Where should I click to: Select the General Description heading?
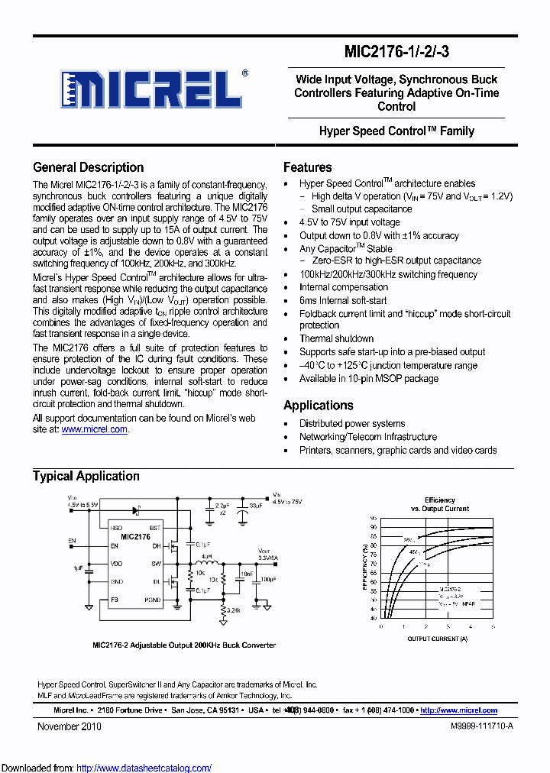[88, 167]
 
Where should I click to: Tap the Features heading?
[307, 167]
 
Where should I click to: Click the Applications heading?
[318, 406]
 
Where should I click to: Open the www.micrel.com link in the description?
[94, 430]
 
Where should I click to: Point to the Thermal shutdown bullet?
[336, 339]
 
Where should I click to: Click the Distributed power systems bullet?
[352, 424]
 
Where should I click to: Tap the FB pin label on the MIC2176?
[115, 600]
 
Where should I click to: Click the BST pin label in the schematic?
[155, 528]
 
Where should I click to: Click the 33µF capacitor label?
[256, 506]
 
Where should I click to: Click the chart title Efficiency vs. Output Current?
[439, 504]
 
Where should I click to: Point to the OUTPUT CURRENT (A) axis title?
[438, 638]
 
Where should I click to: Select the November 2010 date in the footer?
[70, 727]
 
